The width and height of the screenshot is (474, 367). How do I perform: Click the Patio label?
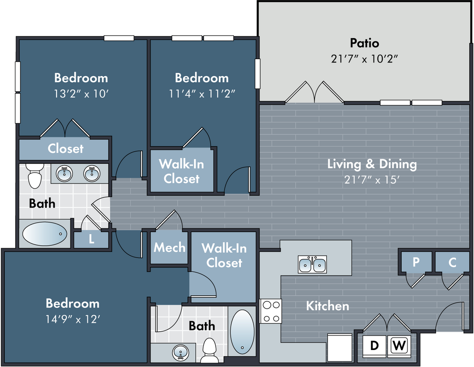364,43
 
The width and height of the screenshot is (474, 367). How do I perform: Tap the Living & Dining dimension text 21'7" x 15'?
372,180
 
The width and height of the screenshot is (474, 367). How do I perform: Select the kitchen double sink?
312,264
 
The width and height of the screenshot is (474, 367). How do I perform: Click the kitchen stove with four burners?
271,311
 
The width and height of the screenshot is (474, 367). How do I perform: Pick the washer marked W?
399,345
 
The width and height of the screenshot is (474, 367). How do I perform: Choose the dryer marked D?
374,345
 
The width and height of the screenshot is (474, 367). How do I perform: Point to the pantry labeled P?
416,262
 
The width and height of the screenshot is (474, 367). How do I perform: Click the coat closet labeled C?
452,262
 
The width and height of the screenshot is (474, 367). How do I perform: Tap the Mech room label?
169,247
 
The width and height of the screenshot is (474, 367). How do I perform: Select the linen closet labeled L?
91,240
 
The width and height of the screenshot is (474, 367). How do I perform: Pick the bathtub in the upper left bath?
45,234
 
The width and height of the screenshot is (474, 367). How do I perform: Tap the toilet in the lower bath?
209,350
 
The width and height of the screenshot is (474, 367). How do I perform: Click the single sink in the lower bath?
180,353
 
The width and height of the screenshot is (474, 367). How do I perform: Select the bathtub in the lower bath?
243,332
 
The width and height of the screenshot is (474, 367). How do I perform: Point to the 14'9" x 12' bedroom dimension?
73,319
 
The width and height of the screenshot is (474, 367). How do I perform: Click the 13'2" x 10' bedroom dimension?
81,94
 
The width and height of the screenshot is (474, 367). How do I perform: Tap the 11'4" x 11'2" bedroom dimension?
202,94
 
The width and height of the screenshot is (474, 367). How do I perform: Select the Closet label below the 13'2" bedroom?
65,148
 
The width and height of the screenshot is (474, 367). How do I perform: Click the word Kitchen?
327,306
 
